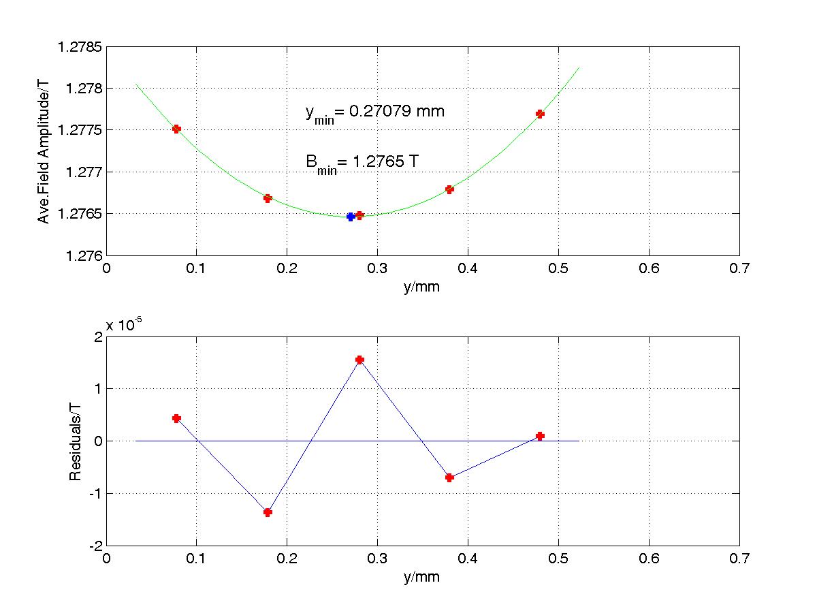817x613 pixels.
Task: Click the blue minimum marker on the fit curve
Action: [351, 217]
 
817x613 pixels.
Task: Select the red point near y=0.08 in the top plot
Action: [176, 129]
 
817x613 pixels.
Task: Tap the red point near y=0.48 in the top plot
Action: [540, 114]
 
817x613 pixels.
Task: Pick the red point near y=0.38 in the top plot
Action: [449, 189]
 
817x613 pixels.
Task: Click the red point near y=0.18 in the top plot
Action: [268, 198]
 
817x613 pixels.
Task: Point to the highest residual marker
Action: [359, 360]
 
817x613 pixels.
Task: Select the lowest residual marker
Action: [268, 512]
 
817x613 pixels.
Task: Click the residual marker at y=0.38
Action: [449, 477]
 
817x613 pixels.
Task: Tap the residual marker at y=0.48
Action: [540, 436]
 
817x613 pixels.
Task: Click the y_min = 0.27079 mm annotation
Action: [375, 112]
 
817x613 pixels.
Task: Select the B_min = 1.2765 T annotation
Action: [362, 163]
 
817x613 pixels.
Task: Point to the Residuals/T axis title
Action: [76, 441]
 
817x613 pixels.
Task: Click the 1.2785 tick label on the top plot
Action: [81, 47]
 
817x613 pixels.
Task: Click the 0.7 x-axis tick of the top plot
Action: [739, 268]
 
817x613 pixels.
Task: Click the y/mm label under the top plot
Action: [421, 287]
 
